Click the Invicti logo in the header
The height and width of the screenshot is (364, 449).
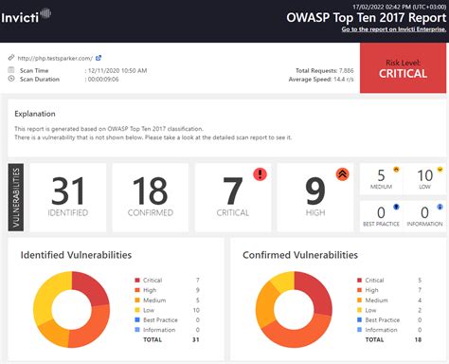tap(27, 15)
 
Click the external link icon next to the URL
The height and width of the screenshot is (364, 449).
tap(99, 58)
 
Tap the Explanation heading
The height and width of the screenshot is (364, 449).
tap(35, 113)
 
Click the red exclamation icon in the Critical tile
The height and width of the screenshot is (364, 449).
tap(259, 173)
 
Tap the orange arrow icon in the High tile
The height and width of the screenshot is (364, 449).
tap(342, 173)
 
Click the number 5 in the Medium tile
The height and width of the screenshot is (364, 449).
tap(381, 175)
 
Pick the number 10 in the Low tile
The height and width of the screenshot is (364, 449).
tap(424, 175)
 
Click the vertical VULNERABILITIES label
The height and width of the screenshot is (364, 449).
tap(17, 197)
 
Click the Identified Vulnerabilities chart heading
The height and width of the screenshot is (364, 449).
tap(76, 254)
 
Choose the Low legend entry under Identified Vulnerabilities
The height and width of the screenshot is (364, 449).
tap(150, 310)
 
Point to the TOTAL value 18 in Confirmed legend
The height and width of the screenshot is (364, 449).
tap(418, 338)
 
